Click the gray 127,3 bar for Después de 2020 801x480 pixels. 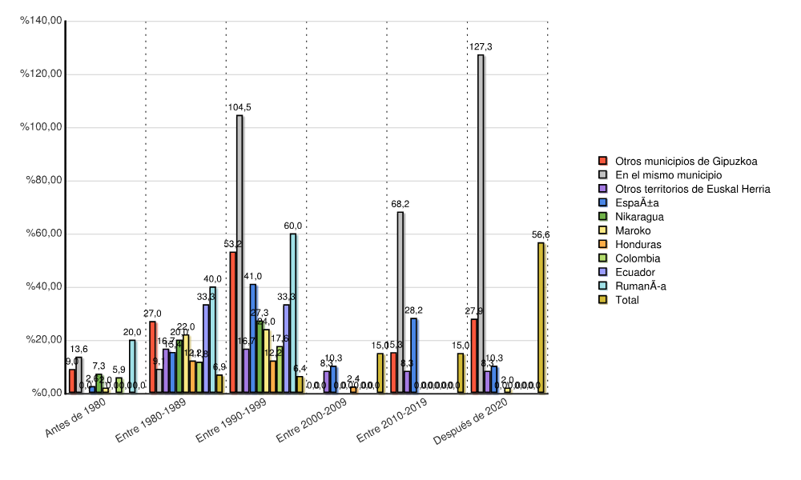(481, 224)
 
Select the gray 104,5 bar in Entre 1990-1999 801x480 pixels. (239, 254)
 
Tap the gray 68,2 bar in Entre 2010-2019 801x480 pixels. (400, 302)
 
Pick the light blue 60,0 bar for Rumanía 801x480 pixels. (293, 313)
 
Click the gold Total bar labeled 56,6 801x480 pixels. (541, 318)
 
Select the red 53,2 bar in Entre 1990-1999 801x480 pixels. (233, 322)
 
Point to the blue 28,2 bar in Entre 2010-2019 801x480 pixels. (414, 355)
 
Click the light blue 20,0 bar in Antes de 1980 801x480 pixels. (132, 366)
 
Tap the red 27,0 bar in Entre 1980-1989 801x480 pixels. (152, 357)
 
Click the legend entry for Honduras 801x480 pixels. (638, 244)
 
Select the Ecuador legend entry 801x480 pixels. (635, 272)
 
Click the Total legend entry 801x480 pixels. (628, 300)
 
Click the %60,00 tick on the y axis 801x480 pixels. (44, 234)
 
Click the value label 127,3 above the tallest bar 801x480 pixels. (481, 47)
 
